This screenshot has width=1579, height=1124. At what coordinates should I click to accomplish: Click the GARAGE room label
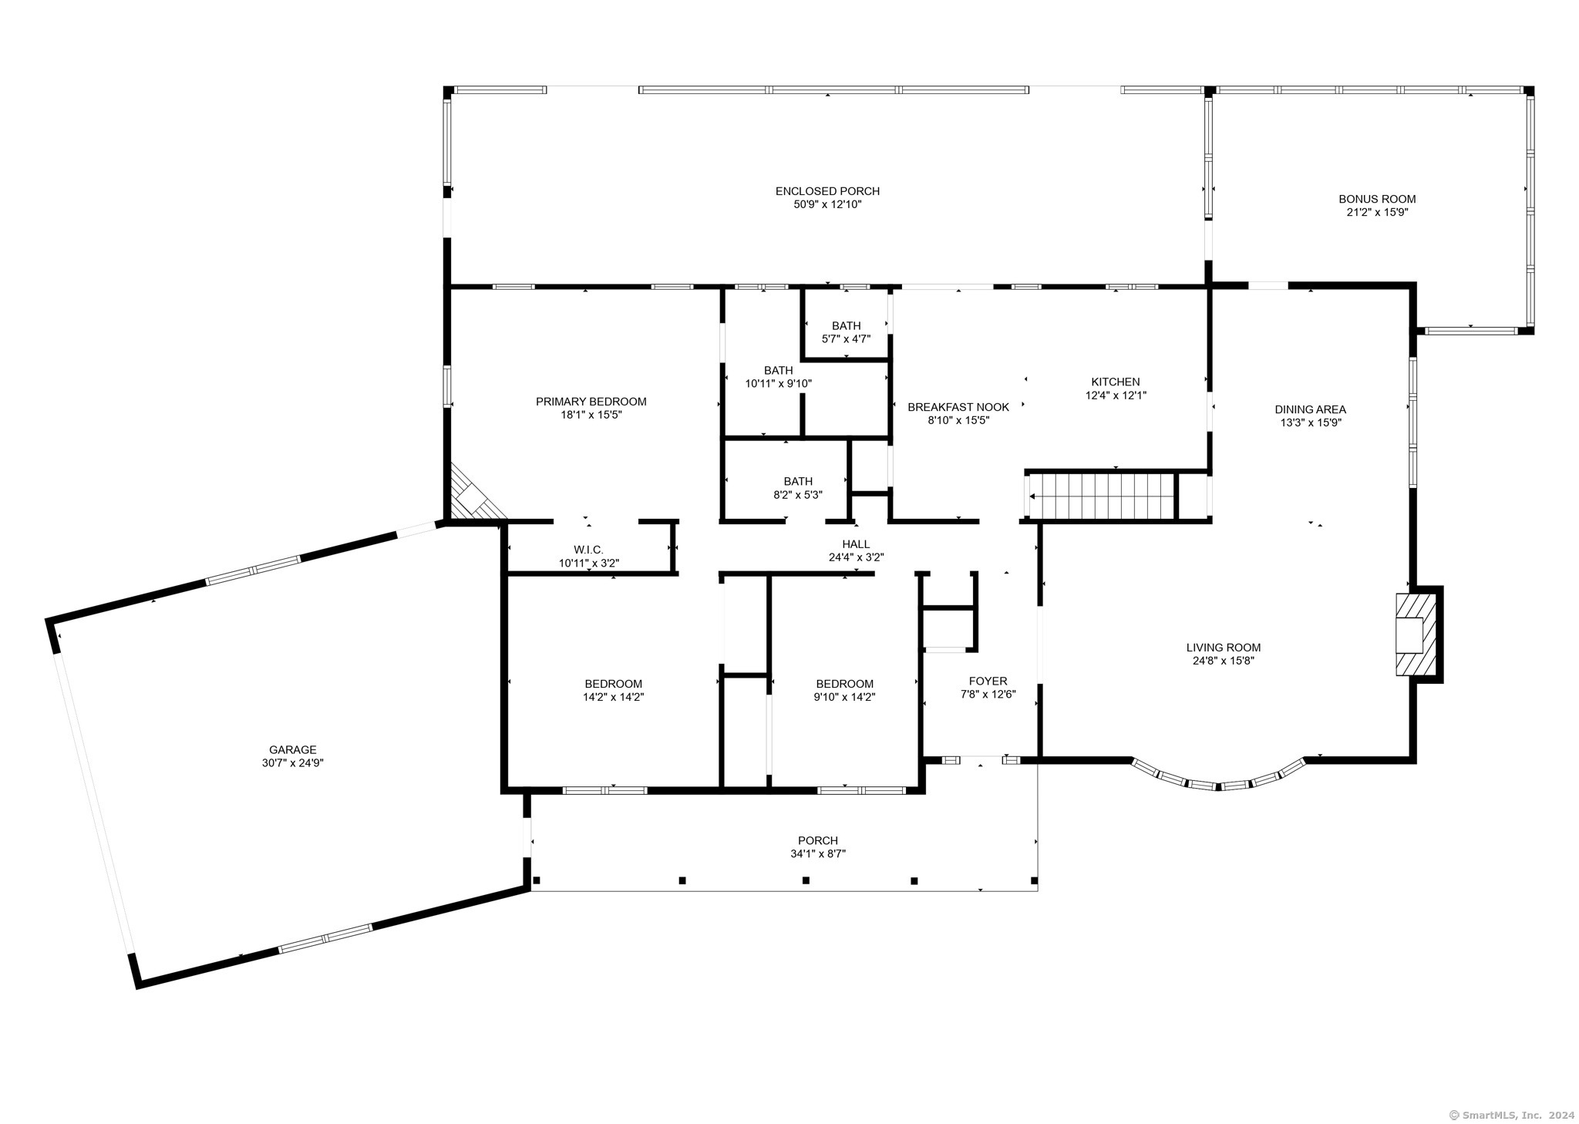(x=293, y=749)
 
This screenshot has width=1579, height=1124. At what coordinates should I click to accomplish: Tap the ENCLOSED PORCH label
(x=827, y=191)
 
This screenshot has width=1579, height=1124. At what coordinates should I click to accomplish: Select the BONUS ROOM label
(x=1377, y=199)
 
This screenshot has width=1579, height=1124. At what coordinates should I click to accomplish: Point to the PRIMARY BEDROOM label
(x=591, y=402)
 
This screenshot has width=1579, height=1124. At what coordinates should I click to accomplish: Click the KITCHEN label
(x=1116, y=382)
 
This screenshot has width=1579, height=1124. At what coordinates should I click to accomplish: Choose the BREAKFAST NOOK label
(x=958, y=407)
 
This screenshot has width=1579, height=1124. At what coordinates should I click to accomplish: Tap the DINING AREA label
(x=1311, y=409)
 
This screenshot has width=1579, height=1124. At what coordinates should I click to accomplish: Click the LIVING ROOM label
(x=1224, y=648)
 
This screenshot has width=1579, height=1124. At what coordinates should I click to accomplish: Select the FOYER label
(x=988, y=681)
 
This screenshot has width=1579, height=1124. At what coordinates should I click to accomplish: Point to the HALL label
(x=856, y=544)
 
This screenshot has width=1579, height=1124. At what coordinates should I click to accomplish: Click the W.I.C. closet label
(x=588, y=550)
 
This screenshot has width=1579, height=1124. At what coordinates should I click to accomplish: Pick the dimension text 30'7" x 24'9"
(x=293, y=762)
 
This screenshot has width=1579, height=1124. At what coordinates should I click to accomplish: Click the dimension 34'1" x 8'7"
(x=818, y=853)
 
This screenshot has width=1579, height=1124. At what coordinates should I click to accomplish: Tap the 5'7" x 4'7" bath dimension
(x=847, y=338)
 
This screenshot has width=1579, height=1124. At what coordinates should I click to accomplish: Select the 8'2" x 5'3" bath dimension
(x=798, y=495)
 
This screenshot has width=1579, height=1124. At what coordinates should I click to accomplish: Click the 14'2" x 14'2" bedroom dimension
(x=614, y=697)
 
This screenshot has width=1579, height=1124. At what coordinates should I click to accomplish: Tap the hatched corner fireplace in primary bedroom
(x=474, y=493)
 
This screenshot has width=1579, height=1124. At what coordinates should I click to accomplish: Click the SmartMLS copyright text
(x=1511, y=1115)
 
